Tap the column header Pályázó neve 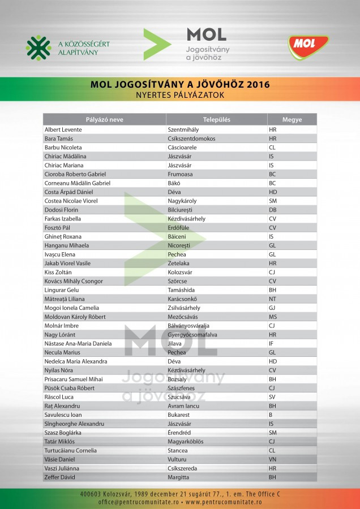click(104, 119)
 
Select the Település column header click(216, 119)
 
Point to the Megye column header click(292, 119)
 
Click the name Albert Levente click(63, 130)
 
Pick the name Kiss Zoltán click(58, 272)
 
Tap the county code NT click(272, 299)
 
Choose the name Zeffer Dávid click(60, 477)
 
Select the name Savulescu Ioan click(63, 415)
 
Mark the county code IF click(271, 343)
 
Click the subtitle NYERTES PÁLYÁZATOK click(180, 96)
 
